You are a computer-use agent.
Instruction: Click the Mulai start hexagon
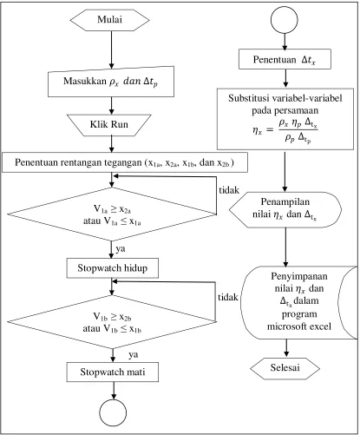click(x=109, y=20)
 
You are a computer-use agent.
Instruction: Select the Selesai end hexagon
click(x=285, y=368)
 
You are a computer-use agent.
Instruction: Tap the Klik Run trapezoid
click(x=109, y=125)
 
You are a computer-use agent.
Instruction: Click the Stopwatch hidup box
click(x=113, y=268)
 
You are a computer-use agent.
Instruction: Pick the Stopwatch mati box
click(x=113, y=372)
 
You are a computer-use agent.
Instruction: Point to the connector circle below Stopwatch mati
click(x=113, y=413)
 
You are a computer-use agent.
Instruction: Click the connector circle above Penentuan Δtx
click(x=285, y=20)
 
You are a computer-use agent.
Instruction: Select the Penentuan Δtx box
click(x=285, y=59)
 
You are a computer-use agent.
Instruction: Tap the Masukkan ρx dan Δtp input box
click(x=111, y=82)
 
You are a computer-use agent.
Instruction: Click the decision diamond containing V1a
click(x=112, y=214)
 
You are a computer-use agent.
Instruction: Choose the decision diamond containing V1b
click(x=112, y=322)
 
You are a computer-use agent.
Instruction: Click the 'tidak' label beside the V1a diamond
click(x=229, y=190)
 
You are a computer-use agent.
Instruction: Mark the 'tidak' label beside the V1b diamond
click(x=228, y=297)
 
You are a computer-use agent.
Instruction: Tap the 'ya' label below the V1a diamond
click(x=121, y=249)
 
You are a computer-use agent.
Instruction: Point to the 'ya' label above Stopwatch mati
click(x=134, y=355)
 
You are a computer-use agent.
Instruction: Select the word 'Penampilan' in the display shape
click(x=285, y=201)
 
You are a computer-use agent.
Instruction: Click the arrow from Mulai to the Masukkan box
click(x=111, y=49)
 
